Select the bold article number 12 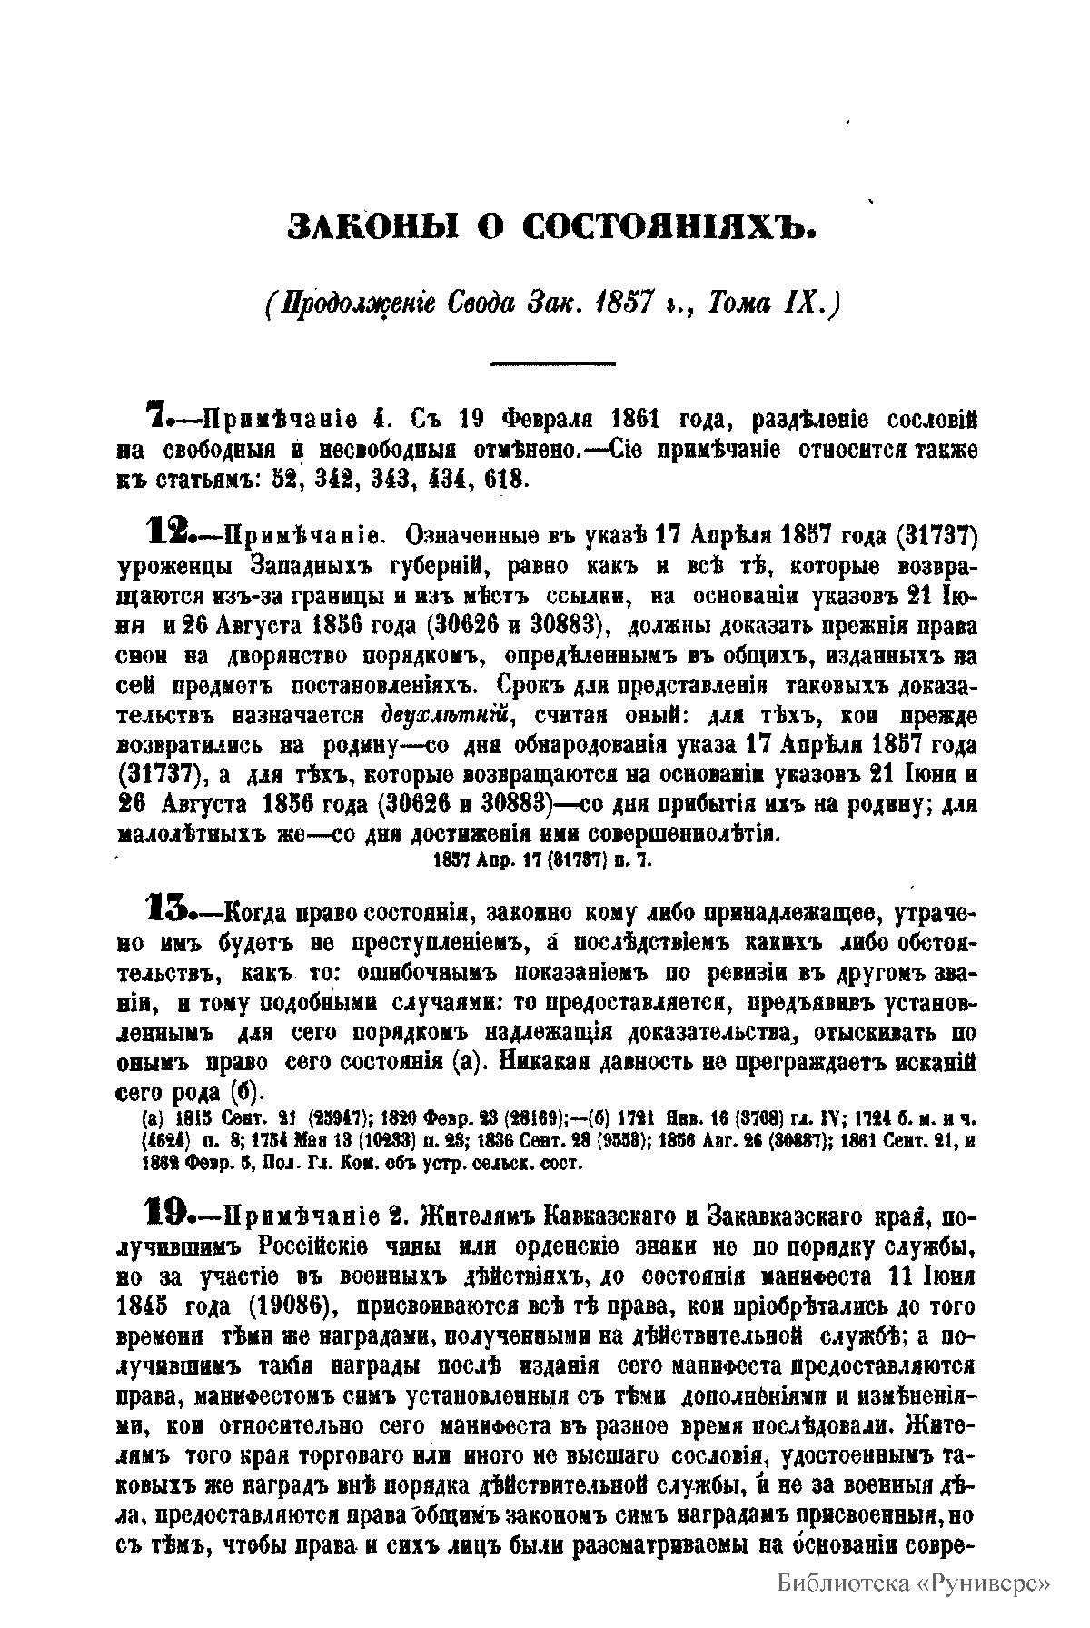pyautogui.click(x=165, y=531)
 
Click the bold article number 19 pyautogui.click(x=165, y=1212)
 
